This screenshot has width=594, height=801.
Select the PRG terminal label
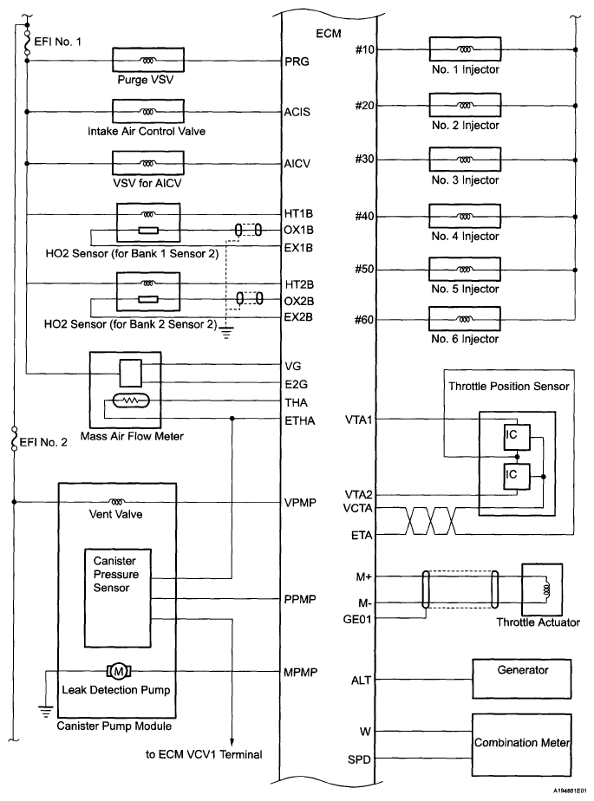(296, 62)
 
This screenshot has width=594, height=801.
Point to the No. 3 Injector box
(467, 160)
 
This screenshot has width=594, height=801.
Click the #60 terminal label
(364, 320)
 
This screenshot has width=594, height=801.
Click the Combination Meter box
(522, 743)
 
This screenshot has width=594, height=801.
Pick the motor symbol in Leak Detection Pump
(116, 671)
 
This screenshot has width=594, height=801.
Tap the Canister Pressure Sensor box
(117, 576)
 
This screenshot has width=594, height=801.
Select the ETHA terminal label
(299, 422)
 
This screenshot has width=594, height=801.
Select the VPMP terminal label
(300, 502)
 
